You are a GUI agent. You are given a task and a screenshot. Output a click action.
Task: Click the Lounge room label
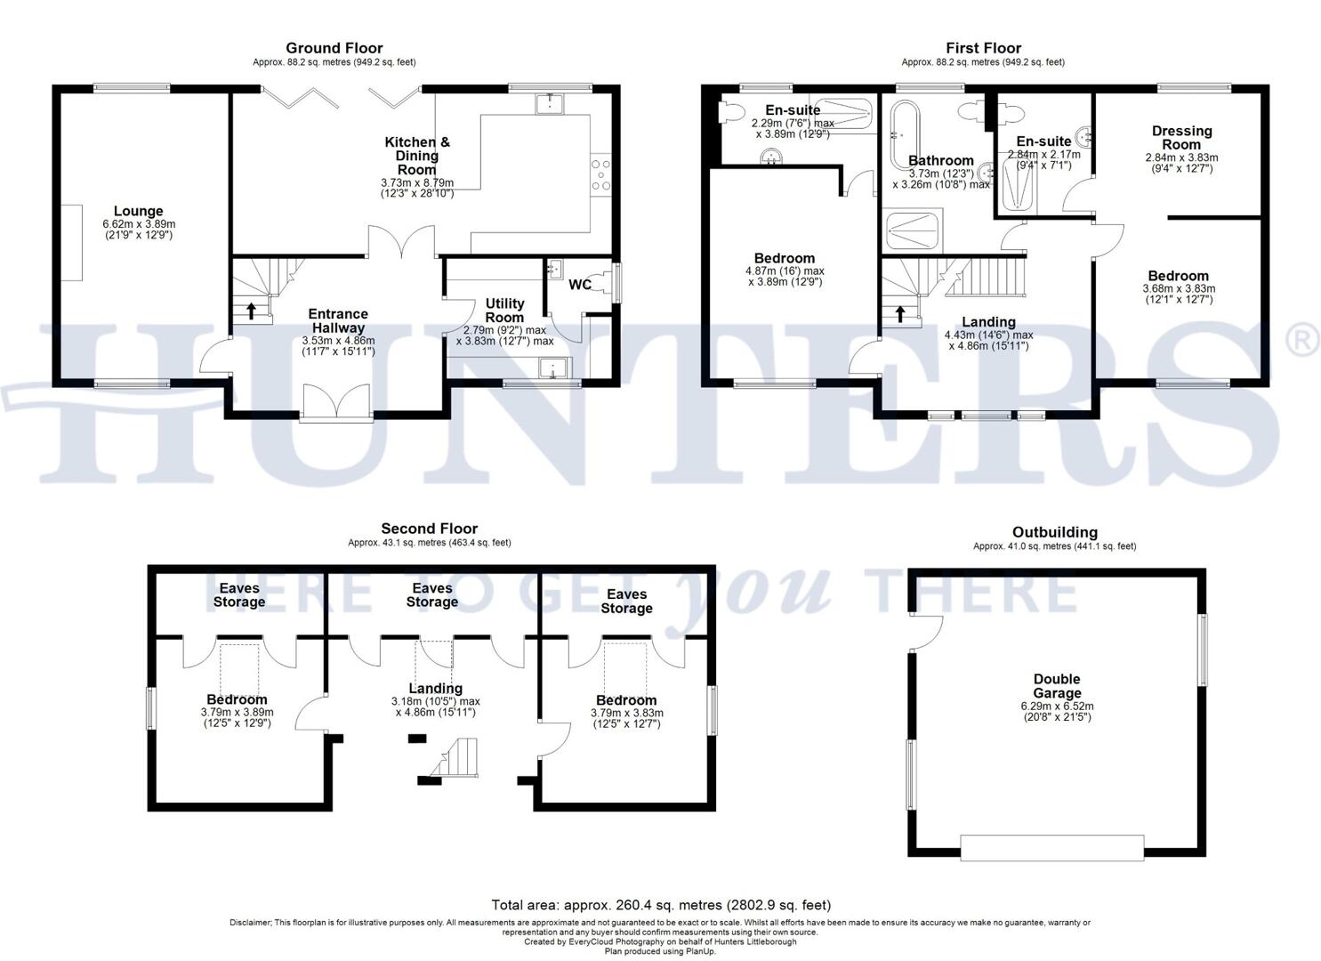pos(138,212)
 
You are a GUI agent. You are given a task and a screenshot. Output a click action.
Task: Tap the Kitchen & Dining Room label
pos(417,156)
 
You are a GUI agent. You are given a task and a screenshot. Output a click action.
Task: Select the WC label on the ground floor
pos(580,285)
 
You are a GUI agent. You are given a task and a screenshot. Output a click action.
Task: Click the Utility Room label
pos(504,311)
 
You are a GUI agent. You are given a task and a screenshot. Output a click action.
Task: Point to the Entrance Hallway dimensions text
pos(338,345)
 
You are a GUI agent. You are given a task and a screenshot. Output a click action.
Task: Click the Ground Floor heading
pos(334,48)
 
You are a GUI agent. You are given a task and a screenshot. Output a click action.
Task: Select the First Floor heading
pos(983,48)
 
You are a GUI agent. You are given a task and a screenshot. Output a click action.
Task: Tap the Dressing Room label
pos(1181,138)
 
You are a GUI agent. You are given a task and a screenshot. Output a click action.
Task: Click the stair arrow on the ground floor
pos(251,311)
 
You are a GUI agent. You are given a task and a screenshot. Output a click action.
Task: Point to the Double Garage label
pos(1057,686)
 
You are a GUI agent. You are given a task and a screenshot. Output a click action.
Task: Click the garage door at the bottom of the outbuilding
pos(1051,847)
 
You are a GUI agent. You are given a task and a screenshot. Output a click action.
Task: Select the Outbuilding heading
pos(1054,532)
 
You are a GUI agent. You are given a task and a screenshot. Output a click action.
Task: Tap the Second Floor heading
pos(429,529)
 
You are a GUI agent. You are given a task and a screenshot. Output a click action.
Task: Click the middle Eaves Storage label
pos(432,595)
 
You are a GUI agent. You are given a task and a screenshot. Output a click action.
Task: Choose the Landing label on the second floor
pos(435,688)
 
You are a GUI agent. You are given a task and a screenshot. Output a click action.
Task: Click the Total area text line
pos(661,905)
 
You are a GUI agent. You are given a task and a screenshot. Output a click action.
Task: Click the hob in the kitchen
pos(601,174)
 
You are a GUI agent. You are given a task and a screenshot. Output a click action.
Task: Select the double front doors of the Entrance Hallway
pos(336,403)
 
